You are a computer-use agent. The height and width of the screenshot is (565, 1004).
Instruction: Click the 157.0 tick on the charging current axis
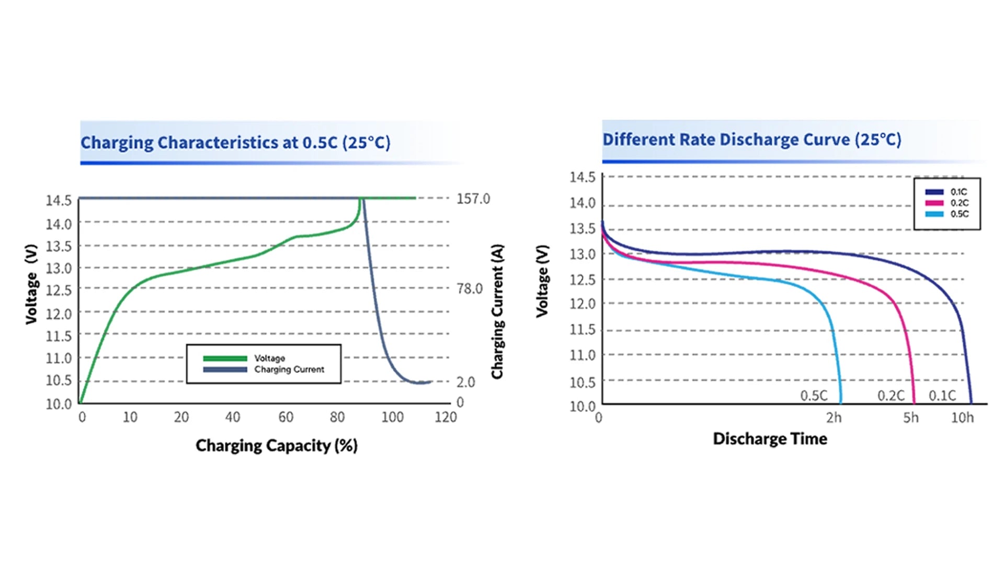tap(473, 199)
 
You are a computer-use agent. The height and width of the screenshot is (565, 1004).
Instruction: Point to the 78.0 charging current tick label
tap(469, 289)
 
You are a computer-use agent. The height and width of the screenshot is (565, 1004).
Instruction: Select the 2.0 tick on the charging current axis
tap(465, 382)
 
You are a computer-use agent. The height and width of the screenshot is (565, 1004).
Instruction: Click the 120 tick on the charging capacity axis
tap(446, 417)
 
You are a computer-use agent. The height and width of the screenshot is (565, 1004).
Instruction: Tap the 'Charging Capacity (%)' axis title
tap(276, 446)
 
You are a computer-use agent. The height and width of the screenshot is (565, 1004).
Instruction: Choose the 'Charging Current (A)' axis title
tap(497, 311)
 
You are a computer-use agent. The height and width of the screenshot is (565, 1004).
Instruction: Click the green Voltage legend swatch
tap(225, 358)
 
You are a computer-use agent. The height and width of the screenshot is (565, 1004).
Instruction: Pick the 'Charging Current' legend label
tap(289, 370)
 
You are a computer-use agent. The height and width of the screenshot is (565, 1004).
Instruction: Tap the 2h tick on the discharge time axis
tap(834, 418)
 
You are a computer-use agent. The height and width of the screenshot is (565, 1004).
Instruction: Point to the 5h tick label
tap(910, 418)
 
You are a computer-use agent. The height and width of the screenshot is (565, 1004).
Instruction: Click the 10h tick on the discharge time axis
tap(962, 418)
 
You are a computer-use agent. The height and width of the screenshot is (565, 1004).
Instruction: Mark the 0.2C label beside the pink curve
tap(891, 396)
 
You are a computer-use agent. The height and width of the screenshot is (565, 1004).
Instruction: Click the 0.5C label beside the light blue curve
tap(814, 396)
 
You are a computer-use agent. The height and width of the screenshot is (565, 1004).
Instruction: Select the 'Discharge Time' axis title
tap(770, 439)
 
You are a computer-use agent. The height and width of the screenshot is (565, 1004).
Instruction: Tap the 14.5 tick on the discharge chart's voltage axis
tap(583, 177)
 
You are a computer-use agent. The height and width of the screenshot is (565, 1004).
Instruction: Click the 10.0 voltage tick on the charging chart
tap(59, 404)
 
